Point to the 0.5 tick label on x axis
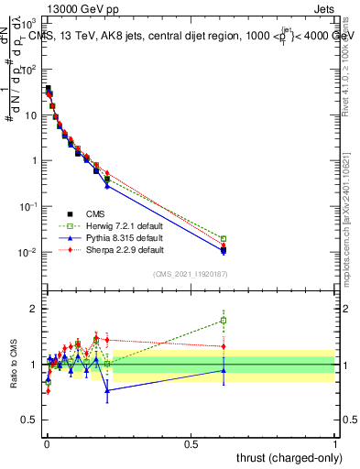pyautogui.click(x=191, y=442)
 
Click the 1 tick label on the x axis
pyautogui.click(x=335, y=442)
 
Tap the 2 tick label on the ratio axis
pyautogui.click(x=35, y=309)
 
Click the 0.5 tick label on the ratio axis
pyautogui.click(x=31, y=420)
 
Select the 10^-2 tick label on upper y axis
pyautogui.click(x=29, y=252)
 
